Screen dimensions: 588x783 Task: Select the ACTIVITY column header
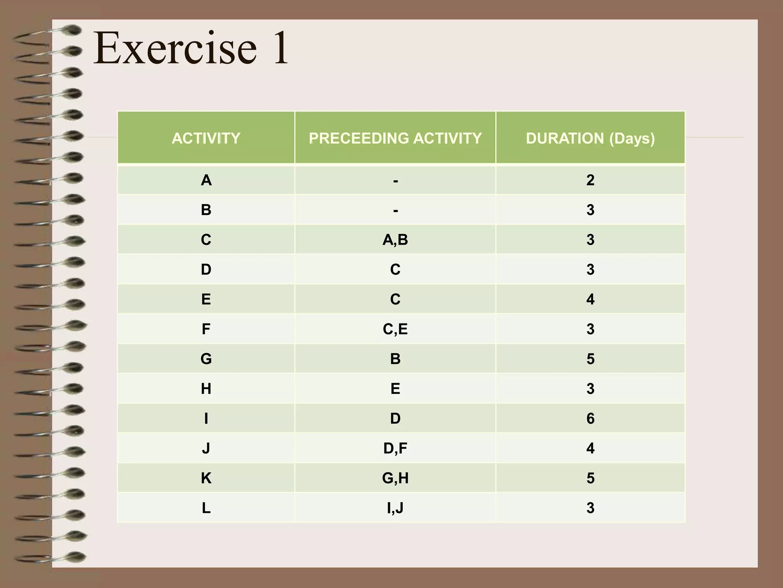pyautogui.click(x=206, y=138)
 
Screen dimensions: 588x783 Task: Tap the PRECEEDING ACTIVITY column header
pyautogui.click(x=395, y=138)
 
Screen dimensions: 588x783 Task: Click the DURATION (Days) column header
pyautogui.click(x=590, y=138)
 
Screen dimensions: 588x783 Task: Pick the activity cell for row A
pyautogui.click(x=206, y=180)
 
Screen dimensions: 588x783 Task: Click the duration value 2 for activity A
pyautogui.click(x=590, y=180)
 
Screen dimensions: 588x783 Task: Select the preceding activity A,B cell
pyautogui.click(x=395, y=240)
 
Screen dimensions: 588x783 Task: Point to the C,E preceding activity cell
pyautogui.click(x=395, y=329)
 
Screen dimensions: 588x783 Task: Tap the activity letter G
pyautogui.click(x=206, y=359)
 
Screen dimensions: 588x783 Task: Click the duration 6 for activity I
pyautogui.click(x=590, y=418)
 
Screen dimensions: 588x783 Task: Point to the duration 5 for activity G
pyautogui.click(x=590, y=359)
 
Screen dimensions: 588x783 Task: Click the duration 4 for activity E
pyautogui.click(x=590, y=299)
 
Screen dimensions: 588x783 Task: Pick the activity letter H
pyautogui.click(x=206, y=389)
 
